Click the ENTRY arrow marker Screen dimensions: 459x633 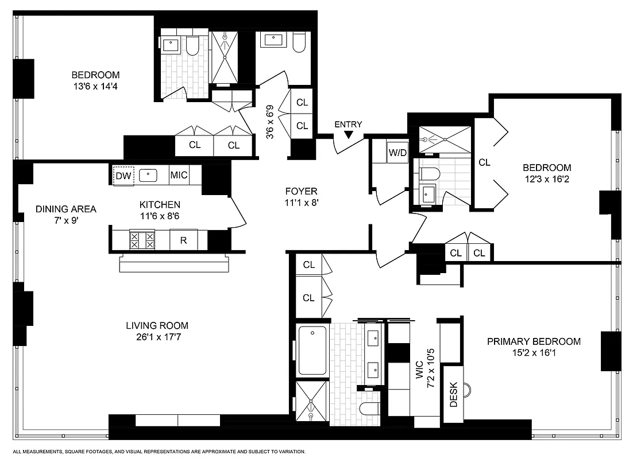(x=348, y=135)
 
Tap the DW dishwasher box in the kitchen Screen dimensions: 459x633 (x=123, y=176)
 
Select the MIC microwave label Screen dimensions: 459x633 (x=179, y=176)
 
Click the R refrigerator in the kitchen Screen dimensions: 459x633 (x=183, y=240)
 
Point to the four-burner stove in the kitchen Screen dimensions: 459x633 (x=142, y=240)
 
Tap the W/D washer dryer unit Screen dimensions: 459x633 (x=397, y=153)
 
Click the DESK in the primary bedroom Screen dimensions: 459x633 (x=453, y=395)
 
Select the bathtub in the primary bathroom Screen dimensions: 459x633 (x=312, y=349)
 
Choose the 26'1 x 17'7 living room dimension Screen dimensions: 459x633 (x=157, y=337)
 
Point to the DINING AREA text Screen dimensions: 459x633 (x=65, y=209)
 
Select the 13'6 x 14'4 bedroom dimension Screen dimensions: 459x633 (x=95, y=87)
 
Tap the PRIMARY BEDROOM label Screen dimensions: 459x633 (x=534, y=341)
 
